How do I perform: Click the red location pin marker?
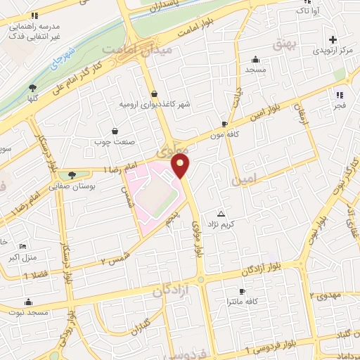click(x=181, y=167)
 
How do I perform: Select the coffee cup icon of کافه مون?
click(x=224, y=122)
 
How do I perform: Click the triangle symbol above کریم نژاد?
click(x=222, y=213)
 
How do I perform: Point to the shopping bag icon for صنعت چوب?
click(x=115, y=130)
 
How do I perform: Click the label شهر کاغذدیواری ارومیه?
click(x=154, y=105)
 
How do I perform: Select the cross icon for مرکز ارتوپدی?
click(x=333, y=39)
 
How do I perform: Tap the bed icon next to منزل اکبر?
click(x=23, y=247)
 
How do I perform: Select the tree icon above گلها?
click(x=32, y=87)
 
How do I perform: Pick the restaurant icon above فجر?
click(x=339, y=94)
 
